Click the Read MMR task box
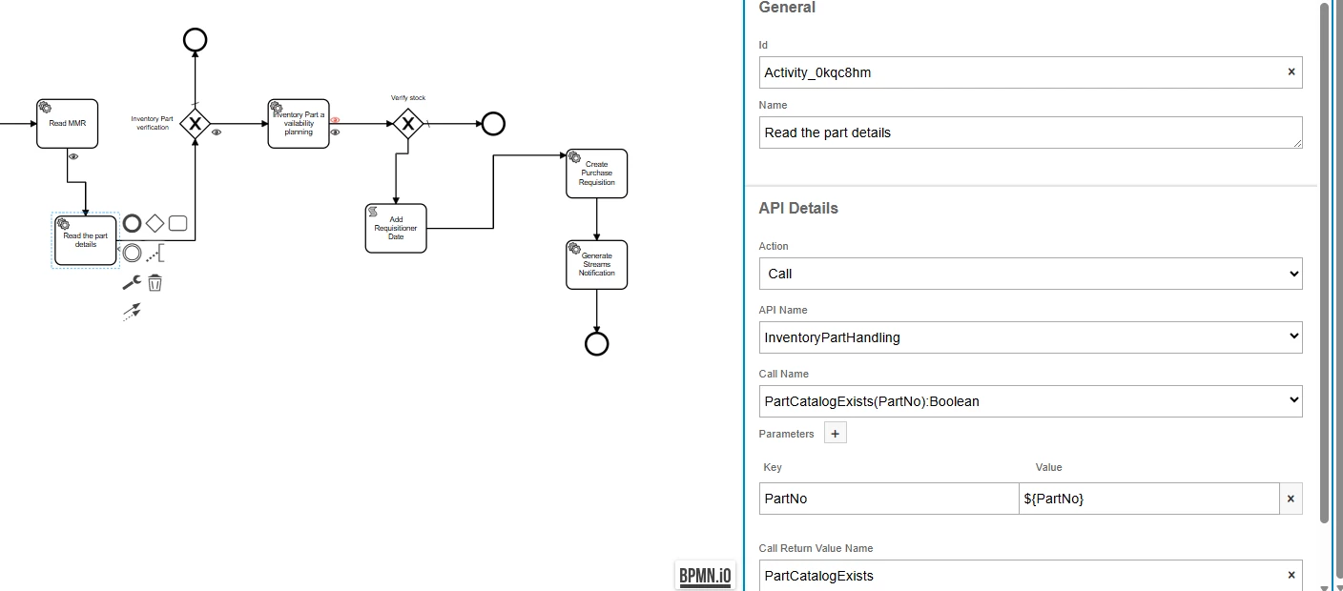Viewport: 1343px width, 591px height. click(x=67, y=124)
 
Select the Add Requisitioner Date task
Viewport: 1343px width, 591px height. click(x=396, y=229)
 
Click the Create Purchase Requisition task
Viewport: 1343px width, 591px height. click(x=596, y=173)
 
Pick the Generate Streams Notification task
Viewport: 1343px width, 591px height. click(x=596, y=265)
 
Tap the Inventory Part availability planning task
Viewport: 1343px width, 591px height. click(x=299, y=124)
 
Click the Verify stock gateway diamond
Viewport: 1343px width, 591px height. click(x=408, y=124)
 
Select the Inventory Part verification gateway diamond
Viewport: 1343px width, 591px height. click(x=195, y=124)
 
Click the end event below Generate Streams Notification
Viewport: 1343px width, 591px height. click(x=596, y=344)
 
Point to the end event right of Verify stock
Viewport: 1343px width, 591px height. click(x=493, y=124)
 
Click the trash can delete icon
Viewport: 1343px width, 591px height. click(x=155, y=282)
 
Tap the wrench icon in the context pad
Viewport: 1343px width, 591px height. click(x=132, y=282)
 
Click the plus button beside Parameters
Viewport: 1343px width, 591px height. click(x=836, y=434)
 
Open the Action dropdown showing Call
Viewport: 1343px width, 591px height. click(x=1031, y=274)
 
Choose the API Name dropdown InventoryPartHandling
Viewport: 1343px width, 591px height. click(x=1031, y=337)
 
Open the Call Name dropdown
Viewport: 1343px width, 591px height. click(x=1031, y=401)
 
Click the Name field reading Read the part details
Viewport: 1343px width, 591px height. click(x=1031, y=132)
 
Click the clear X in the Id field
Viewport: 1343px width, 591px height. click(x=1291, y=71)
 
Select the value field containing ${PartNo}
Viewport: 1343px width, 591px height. click(x=1148, y=499)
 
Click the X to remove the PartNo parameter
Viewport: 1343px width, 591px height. click(x=1291, y=499)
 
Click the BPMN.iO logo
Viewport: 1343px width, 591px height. click(x=705, y=576)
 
